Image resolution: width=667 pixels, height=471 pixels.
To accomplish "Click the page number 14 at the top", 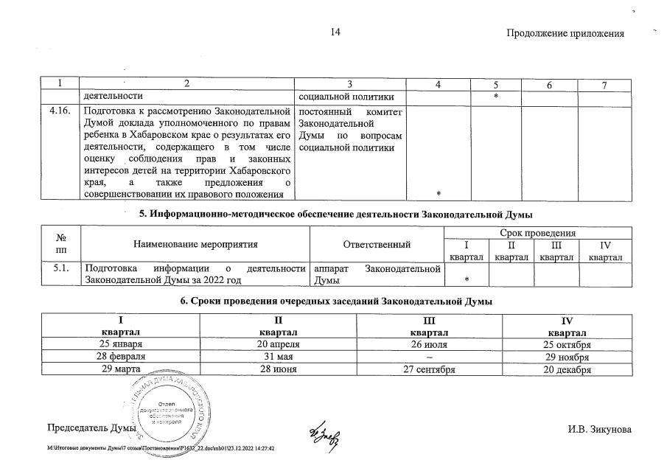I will [x=335, y=33].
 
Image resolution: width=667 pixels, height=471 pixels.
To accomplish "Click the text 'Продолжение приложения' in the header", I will [x=565, y=34].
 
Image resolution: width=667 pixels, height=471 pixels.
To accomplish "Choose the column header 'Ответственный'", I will [x=377, y=244].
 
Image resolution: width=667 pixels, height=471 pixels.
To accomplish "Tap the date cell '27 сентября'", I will [x=429, y=370].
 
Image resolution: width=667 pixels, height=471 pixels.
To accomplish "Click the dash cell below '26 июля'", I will [x=429, y=357].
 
